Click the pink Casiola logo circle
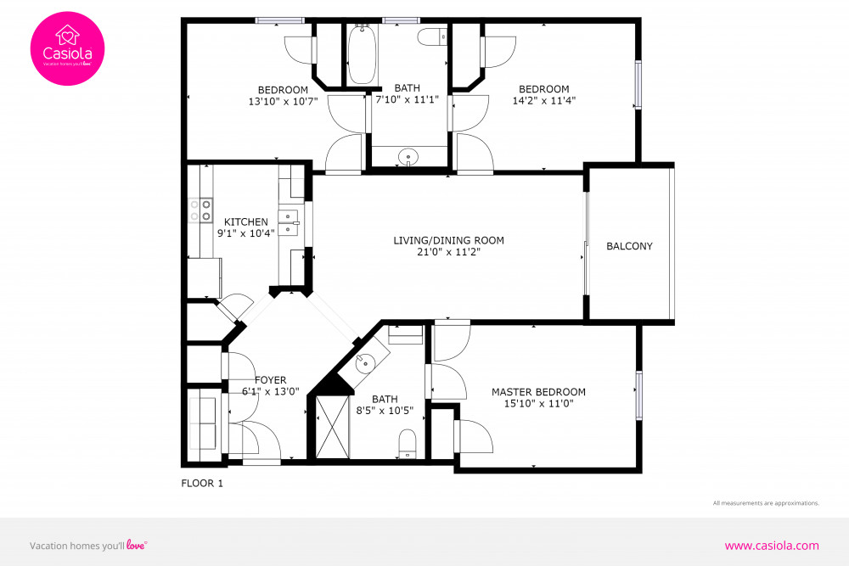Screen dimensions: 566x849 [x=68, y=48]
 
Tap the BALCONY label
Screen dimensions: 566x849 [x=629, y=246]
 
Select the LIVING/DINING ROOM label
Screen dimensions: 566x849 [x=448, y=240]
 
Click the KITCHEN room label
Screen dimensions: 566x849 [x=245, y=222]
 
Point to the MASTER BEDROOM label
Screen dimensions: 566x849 [x=538, y=392]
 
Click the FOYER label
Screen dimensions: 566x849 [x=270, y=380]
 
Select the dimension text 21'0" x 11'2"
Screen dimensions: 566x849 [x=448, y=252]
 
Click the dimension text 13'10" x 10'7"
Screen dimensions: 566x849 [x=283, y=102]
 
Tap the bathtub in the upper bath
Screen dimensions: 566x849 [x=362, y=54]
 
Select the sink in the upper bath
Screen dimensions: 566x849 [x=409, y=157]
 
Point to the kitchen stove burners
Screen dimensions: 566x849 [x=200, y=210]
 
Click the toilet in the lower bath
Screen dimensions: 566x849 [x=408, y=442]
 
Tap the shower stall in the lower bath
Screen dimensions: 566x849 [x=332, y=429]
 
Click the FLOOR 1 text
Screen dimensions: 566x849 [x=202, y=484]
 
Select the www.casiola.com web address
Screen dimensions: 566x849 [x=771, y=546]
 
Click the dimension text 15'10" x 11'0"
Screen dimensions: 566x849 [x=538, y=404]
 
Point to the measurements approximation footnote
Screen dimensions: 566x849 [x=766, y=503]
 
